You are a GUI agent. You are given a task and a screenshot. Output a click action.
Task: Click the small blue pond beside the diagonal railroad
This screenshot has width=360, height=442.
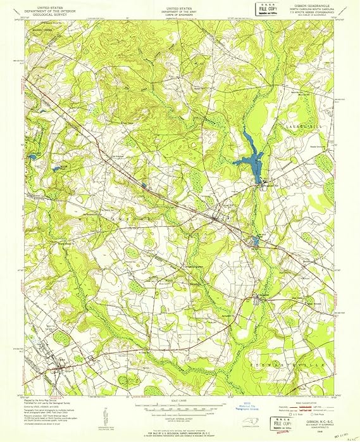coord(144,186)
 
